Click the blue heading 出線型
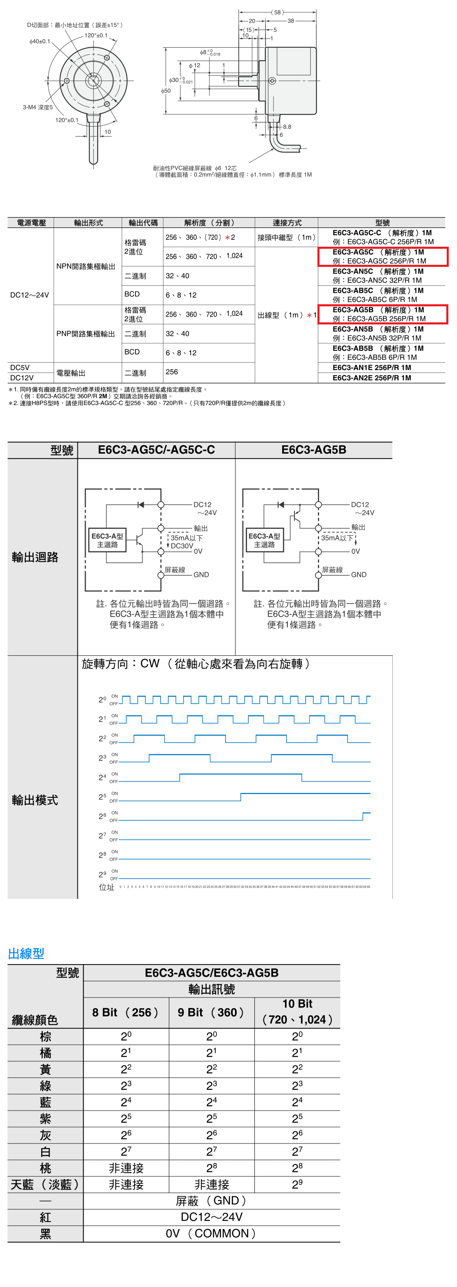(26, 953)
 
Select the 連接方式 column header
(287, 223)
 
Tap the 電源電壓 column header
(31, 223)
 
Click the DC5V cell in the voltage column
(20, 367)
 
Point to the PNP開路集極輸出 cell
(86, 334)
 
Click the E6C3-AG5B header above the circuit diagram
(313, 450)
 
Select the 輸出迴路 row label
(35, 557)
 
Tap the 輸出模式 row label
(35, 800)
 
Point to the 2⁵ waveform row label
(103, 797)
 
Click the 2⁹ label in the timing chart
(103, 874)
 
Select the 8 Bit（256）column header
(126, 1012)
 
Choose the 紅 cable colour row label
(46, 1218)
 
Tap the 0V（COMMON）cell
(212, 1234)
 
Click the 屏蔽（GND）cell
(212, 1201)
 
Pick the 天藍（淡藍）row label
(46, 1185)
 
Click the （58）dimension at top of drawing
(277, 12)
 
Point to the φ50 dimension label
(166, 91)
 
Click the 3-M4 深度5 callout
(37, 107)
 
